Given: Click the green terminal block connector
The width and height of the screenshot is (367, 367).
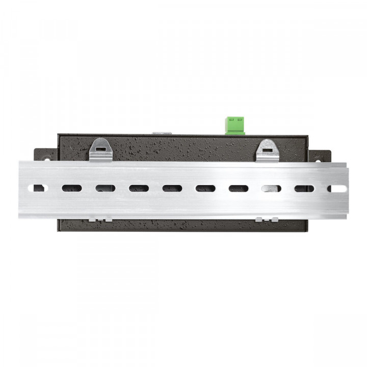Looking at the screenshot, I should [x=235, y=125].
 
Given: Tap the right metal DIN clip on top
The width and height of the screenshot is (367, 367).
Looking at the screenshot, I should [x=268, y=150].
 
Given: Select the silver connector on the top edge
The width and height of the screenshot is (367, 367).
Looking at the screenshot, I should [x=162, y=133].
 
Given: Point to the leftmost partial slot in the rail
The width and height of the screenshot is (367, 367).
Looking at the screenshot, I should [x=38, y=188].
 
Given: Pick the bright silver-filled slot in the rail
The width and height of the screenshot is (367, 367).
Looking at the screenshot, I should [x=271, y=188].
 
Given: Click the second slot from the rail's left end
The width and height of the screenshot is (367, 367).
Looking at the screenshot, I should [x=71, y=188].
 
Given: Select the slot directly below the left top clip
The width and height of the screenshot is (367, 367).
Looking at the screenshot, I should [x=105, y=188].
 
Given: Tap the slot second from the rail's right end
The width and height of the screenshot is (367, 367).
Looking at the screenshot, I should [x=304, y=188].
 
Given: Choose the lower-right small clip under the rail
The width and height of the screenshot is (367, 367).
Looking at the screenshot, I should [x=267, y=219].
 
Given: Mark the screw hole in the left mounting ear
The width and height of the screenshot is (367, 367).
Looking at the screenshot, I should [x=45, y=159].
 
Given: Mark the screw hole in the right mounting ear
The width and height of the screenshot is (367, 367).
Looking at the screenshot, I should [x=320, y=159].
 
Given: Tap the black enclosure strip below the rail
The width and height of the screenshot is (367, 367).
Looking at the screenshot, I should [x=183, y=224].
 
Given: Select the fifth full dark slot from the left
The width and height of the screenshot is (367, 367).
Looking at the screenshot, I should [x=205, y=188].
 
